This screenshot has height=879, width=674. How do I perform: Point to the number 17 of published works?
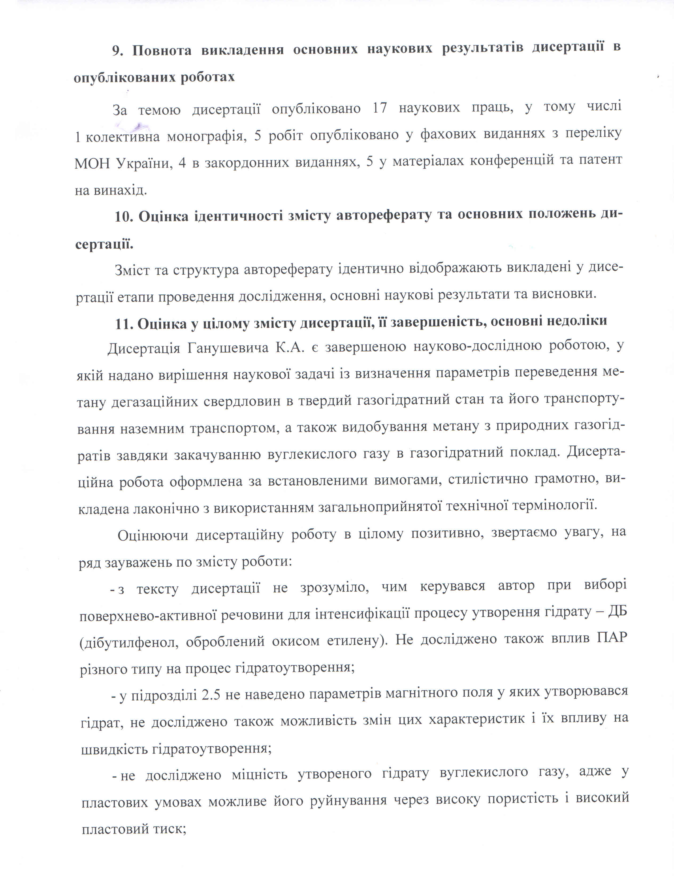(380, 108)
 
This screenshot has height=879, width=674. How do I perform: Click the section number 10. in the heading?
(123, 217)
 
